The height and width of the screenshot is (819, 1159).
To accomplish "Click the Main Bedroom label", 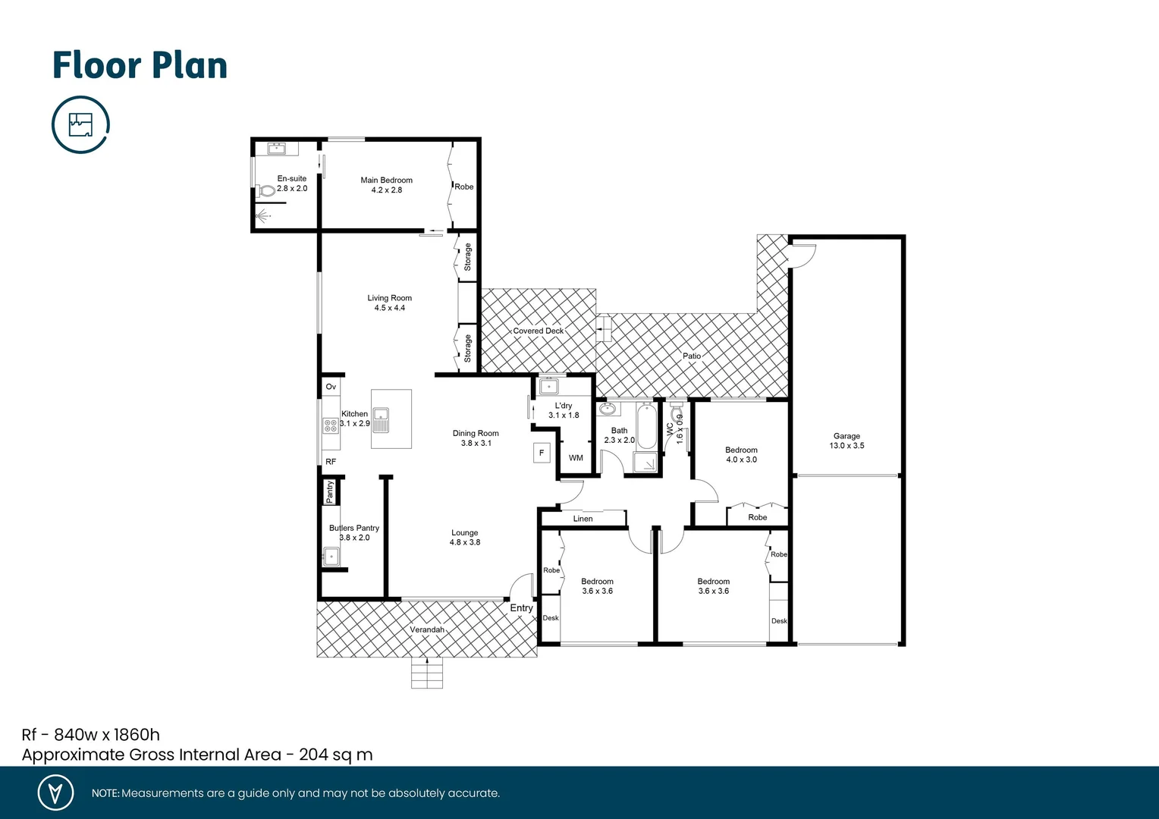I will tap(386, 180).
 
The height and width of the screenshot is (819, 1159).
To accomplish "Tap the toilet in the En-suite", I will tap(266, 191).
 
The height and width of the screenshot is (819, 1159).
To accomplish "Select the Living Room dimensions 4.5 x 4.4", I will tap(389, 308).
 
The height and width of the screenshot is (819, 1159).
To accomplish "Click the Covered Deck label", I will tap(538, 331).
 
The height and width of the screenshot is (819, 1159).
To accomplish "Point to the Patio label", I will tap(692, 356).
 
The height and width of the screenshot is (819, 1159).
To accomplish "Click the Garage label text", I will tap(846, 436).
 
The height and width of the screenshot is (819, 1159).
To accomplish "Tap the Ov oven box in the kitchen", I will tap(331, 387).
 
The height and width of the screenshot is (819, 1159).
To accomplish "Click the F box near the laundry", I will tap(542, 453).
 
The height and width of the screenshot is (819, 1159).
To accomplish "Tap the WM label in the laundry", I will tap(576, 458).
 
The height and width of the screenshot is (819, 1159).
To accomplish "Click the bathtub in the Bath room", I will tap(646, 427).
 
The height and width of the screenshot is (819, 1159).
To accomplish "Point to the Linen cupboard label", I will tap(583, 519).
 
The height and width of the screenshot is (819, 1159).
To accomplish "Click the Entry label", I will tap(521, 608).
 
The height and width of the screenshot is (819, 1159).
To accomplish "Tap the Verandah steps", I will tap(426, 673).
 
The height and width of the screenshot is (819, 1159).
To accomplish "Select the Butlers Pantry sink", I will tap(331, 557).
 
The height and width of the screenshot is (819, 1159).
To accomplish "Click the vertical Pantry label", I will tap(330, 491).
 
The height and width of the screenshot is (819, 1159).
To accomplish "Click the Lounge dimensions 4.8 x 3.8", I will tap(464, 542).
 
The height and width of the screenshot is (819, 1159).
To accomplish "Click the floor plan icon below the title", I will tap(80, 124).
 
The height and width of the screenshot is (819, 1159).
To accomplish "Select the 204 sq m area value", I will tap(335, 755).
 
